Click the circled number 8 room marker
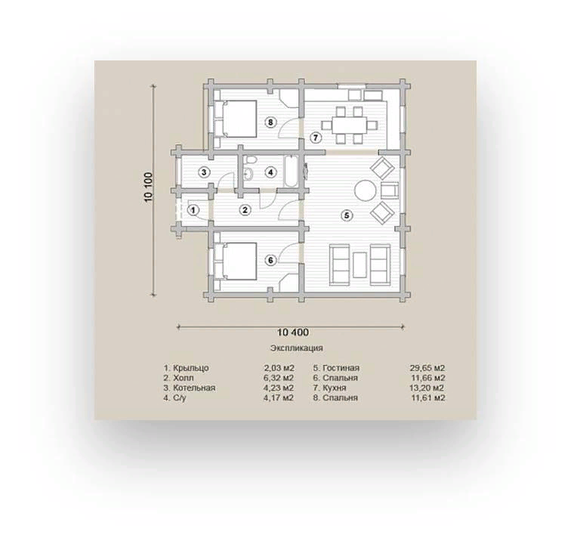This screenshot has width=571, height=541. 270,122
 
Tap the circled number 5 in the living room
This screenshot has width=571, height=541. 347,215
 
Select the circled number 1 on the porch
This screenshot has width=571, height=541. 193,210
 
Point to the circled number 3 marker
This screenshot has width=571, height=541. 204,172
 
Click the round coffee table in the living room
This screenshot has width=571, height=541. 366,190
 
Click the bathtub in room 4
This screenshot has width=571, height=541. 290,172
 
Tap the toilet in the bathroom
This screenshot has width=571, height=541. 249,160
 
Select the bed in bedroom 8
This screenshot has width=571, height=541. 236,119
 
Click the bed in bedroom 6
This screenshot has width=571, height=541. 236,261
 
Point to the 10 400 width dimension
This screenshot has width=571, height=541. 293,332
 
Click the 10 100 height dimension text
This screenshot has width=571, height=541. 149,187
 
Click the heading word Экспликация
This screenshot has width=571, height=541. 296,348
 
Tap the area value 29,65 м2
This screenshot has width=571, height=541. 427,368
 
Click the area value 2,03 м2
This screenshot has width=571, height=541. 279,368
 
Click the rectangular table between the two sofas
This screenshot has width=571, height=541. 360,265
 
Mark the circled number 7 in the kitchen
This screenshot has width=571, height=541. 316,138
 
